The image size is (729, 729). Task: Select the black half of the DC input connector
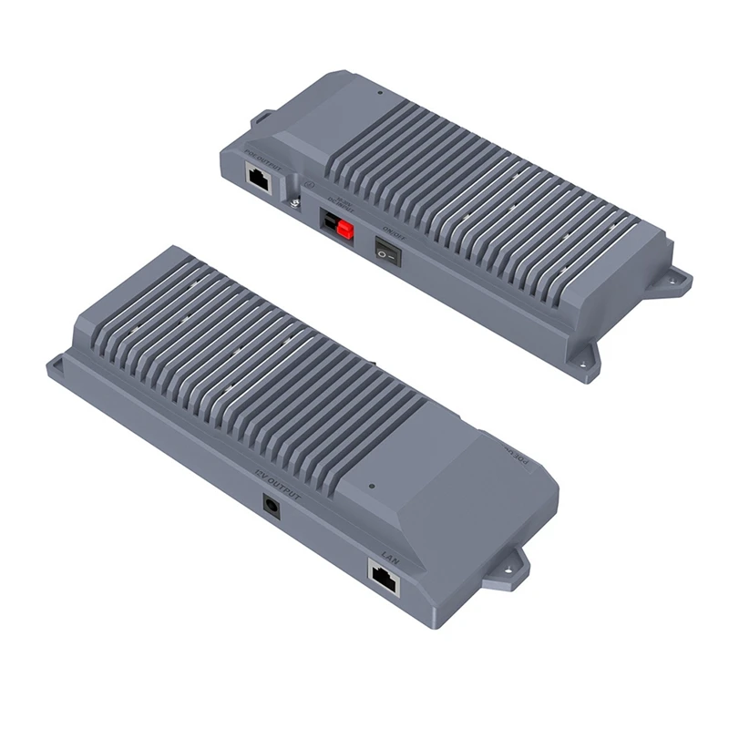330,221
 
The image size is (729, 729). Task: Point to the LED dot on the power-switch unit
379,93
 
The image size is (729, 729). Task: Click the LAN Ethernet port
384,577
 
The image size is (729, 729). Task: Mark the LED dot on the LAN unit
372,486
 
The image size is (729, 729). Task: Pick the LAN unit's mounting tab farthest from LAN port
57,367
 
